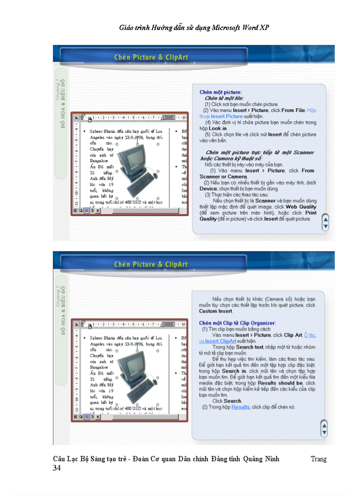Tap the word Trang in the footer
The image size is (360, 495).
(x=318, y=459)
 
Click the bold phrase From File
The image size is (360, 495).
(x=293, y=110)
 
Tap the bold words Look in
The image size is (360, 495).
(x=217, y=128)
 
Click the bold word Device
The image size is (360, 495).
(x=208, y=188)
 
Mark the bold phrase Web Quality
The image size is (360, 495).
(x=301, y=206)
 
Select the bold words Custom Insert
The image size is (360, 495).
(x=214, y=311)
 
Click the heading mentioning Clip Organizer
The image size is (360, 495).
(x=237, y=323)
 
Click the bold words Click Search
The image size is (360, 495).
(x=227, y=401)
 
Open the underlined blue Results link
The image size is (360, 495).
(x=240, y=407)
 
